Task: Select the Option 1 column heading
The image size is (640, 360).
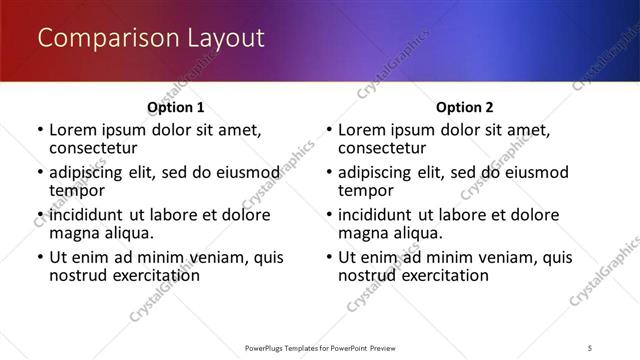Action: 175,107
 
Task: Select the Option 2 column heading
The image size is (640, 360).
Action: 464,107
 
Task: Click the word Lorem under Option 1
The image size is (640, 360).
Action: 74,130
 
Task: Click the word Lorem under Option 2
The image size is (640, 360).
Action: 363,130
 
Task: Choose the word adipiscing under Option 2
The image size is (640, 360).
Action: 379,172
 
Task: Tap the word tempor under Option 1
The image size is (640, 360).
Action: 77,190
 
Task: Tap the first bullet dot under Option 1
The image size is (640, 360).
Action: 40,130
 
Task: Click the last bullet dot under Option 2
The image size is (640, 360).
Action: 329,257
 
